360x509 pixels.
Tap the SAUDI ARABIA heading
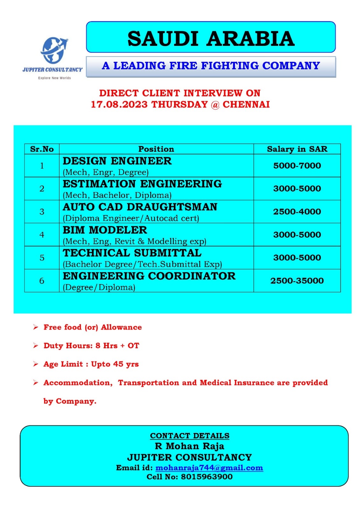coord(211,38)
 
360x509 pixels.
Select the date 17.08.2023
coord(119,104)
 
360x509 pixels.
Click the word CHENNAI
coord(246,104)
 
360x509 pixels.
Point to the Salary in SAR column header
coord(297,149)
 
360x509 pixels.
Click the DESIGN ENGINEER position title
coord(117,161)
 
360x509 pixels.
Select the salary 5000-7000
coord(297,165)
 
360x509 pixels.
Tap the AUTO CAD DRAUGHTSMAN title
coord(140,207)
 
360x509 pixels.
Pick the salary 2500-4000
coord(297,212)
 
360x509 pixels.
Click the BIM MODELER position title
coord(105,230)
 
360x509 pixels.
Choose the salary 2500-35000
coord(297,281)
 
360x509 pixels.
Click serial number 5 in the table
coord(42,258)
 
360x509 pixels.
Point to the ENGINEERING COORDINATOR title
coord(149,276)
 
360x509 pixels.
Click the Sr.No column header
coord(42,149)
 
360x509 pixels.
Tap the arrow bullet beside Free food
coord(36,327)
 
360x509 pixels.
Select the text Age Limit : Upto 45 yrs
coord(91,364)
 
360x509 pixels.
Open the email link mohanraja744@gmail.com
coord(209,468)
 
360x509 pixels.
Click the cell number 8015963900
coord(207,477)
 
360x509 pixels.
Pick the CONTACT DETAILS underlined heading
coord(189,436)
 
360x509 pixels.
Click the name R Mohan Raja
coord(189,446)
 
